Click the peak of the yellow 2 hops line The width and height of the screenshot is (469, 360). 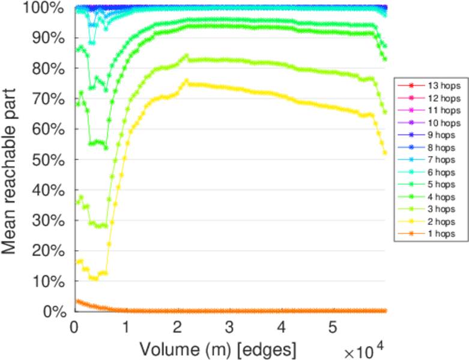point(187,80)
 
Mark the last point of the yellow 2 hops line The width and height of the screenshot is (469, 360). point(385,153)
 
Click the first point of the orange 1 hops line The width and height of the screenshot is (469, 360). point(76,301)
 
